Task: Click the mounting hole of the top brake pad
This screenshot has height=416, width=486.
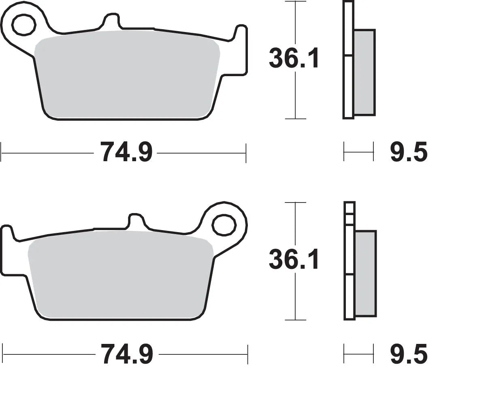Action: click(23, 25)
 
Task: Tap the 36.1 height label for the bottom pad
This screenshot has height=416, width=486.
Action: click(294, 259)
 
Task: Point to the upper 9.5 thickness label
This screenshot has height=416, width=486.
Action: click(408, 153)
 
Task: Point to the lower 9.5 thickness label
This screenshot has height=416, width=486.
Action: click(408, 354)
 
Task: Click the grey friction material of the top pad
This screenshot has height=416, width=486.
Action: click(126, 75)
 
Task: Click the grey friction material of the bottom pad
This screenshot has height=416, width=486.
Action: click(122, 275)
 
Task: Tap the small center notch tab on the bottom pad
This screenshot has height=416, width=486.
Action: click(137, 220)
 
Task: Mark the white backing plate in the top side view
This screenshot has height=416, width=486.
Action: click(348, 81)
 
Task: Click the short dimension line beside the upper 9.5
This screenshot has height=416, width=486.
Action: click(358, 153)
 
